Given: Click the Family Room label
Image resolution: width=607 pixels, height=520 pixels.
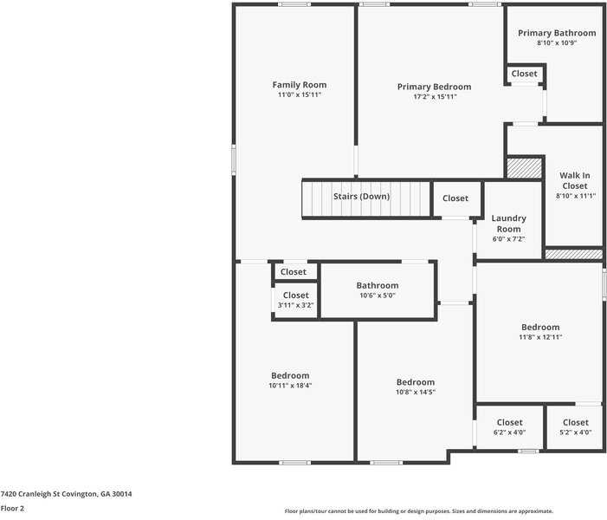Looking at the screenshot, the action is pos(300,84).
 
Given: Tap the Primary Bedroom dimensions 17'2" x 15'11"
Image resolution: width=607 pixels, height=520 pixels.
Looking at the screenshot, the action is pos(435,96).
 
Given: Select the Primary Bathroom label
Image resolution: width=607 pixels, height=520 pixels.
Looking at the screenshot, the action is pos(557,33).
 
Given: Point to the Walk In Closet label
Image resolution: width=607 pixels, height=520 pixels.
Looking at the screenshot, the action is pos(575,180).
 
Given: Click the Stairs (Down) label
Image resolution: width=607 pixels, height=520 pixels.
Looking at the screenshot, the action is pos(362,197).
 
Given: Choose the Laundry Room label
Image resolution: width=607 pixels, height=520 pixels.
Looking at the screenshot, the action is pos(508,224).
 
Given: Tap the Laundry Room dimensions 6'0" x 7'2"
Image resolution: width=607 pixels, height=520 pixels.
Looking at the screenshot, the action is pos(508,239).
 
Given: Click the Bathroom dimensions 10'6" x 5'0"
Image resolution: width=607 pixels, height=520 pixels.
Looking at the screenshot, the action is pos(378,296).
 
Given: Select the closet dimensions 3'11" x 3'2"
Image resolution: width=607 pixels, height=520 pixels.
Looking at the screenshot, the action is pos(295,305).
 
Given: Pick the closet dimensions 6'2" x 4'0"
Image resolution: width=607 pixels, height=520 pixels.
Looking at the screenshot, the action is pos(509,432).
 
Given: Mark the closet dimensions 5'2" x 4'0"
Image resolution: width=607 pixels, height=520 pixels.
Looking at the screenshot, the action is pos(576,432).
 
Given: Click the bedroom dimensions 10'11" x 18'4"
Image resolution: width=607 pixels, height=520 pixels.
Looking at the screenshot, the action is pos(290,385).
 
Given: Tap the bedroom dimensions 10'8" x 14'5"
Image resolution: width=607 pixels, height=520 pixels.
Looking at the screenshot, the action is pos(416,392).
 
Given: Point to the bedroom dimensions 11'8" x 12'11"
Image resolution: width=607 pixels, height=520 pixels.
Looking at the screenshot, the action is pos(540,337).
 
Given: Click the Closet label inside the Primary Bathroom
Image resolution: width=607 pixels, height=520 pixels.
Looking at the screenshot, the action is pos(524,74).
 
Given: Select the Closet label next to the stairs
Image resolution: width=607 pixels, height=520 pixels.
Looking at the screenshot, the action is pos(455,198).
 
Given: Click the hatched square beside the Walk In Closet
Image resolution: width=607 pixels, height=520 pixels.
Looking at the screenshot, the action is pos(524,168).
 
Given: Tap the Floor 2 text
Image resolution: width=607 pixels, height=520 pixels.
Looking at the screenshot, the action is pos(12,509).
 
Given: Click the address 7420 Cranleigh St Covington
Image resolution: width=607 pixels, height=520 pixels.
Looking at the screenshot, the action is pos(48,494).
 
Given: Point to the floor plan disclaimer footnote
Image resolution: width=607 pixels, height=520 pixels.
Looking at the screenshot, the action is pos(419,511).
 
